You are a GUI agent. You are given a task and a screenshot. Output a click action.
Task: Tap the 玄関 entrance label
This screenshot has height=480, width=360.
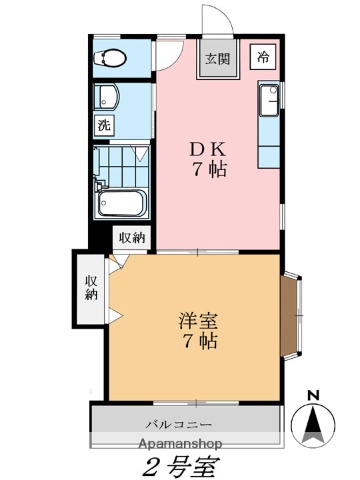point(218,58)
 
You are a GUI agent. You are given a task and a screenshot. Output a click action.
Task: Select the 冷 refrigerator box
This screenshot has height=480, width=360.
point(264,56)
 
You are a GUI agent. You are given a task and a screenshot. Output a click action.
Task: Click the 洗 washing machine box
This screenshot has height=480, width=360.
point(103,126)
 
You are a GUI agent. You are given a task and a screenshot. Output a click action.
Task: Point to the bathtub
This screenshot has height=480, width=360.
point(121,203)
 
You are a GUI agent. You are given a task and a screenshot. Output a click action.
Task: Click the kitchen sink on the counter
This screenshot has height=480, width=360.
point(269,100)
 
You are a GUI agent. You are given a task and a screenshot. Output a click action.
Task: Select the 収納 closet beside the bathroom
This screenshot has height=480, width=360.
point(133,237)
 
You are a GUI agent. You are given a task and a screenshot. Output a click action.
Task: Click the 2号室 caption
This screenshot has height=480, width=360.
point(180,465)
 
